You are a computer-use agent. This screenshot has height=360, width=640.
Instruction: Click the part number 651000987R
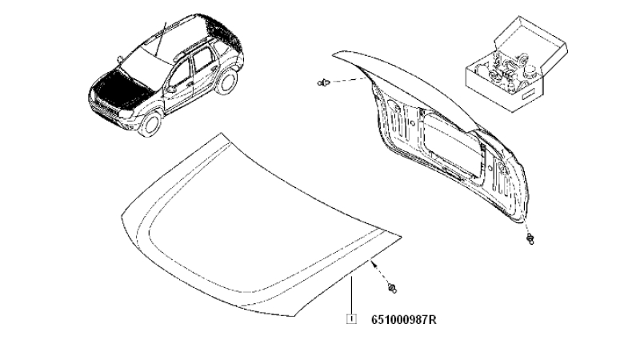(x=404, y=319)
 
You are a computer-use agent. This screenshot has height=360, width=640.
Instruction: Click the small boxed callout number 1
(x=351, y=319)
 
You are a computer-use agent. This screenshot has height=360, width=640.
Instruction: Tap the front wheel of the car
(x=150, y=124)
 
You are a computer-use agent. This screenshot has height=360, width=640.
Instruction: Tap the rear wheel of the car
(x=227, y=81)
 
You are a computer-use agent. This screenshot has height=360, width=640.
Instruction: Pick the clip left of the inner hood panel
(x=323, y=83)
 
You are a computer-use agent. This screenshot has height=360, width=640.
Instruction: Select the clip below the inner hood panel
(x=530, y=239)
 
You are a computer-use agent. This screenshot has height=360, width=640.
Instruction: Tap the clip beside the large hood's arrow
(x=393, y=288)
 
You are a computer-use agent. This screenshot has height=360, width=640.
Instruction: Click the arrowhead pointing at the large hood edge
(x=373, y=264)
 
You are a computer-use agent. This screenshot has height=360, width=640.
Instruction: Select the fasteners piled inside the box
(x=509, y=70)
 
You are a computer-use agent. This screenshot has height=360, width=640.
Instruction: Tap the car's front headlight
(x=127, y=114)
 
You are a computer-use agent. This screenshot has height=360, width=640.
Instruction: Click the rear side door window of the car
(x=202, y=61)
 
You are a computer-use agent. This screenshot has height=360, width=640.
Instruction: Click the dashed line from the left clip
(x=348, y=80)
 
